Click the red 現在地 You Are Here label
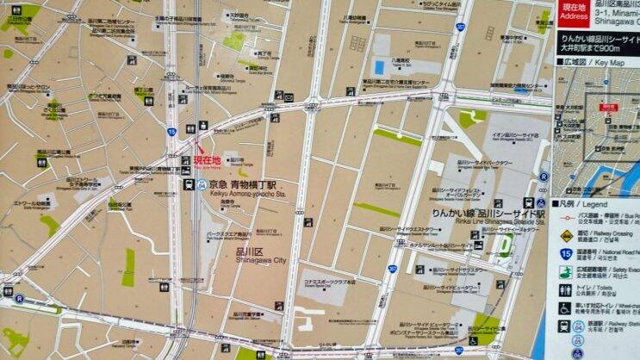[x=207, y=160]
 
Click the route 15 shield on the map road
[x=171, y=132]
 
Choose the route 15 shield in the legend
[x=566, y=253]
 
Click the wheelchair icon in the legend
[x=566, y=308]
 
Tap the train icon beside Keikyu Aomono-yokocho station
[x=189, y=183]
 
